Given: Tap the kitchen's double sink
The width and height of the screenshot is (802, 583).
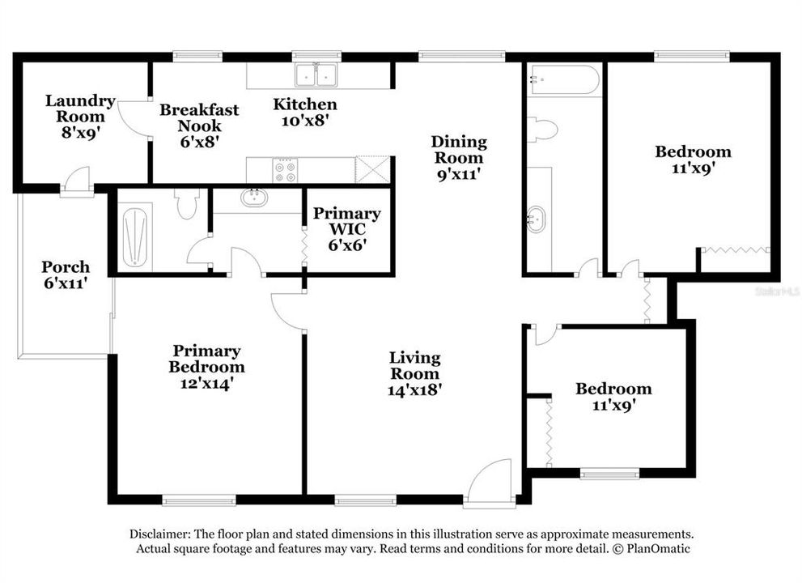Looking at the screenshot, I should tap(316, 75).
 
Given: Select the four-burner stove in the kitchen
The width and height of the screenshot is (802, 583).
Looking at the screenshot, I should tap(286, 170).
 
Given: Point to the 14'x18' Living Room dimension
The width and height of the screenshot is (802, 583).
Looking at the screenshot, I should tap(414, 389).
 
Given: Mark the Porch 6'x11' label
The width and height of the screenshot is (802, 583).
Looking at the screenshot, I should tap(66, 275).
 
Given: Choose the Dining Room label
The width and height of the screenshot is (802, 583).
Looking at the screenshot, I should tap(459, 150).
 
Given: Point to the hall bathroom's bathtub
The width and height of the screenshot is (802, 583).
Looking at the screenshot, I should tap(563, 80).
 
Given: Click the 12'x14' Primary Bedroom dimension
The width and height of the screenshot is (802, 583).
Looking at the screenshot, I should tap(206, 383).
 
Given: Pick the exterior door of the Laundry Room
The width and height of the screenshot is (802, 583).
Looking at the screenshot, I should tap(78, 182).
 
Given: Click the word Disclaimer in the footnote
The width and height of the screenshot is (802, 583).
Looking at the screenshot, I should tap(159, 534).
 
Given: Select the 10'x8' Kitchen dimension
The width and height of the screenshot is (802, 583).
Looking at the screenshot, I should tap(304, 120).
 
